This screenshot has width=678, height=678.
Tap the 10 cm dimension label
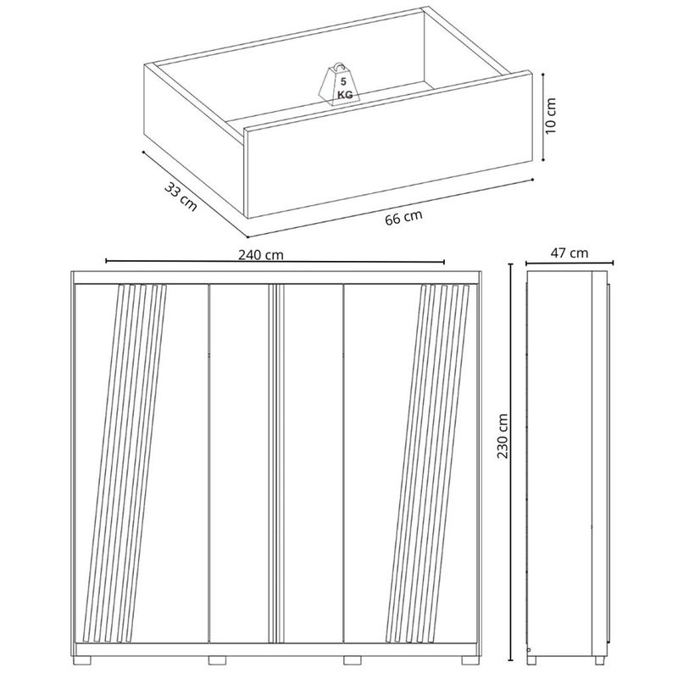550,115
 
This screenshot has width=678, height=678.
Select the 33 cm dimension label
181,197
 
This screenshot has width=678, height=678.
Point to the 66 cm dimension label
403,218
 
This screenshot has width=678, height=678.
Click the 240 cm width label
261,255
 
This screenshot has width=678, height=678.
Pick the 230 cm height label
503,436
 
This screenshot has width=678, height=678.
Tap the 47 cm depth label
569,253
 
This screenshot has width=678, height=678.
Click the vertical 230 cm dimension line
512,468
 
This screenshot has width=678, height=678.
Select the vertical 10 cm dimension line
544,117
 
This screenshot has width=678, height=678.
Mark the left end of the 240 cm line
107,261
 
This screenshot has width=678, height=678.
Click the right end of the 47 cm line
613,263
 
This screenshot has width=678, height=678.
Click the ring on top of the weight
338,67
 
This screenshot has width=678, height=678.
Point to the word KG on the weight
345,95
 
